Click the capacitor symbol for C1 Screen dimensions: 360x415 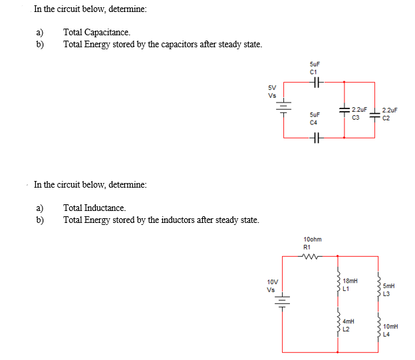tap(315, 83)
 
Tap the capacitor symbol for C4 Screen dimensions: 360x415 tap(315, 138)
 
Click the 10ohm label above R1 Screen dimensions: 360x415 tap(312, 239)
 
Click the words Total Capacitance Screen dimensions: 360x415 tap(97, 32)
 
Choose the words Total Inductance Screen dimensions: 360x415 tap(94, 208)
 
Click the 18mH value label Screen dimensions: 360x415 tap(350, 282)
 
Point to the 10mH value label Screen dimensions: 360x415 tap(391, 327)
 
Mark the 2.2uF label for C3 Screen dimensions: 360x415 tap(359, 109)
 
